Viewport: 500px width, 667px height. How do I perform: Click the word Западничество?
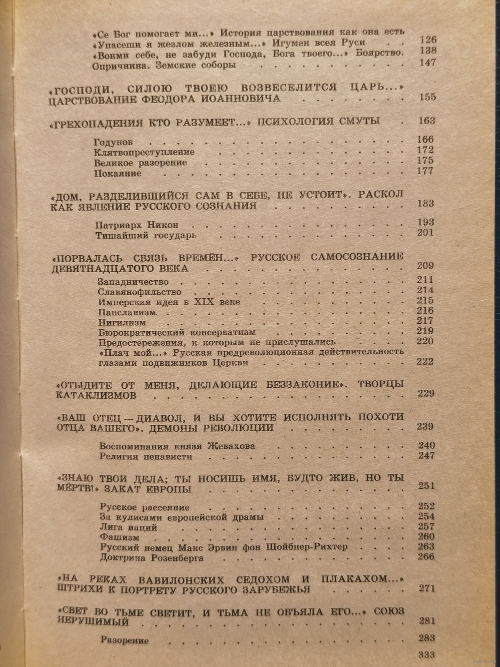[x=133, y=281]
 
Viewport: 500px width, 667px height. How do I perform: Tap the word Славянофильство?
[x=140, y=292]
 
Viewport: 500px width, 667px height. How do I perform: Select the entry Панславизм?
[x=127, y=312]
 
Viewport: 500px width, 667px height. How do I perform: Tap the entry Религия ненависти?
[x=145, y=456]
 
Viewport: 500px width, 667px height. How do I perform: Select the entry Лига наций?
[x=128, y=527]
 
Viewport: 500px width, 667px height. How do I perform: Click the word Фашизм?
[x=119, y=537]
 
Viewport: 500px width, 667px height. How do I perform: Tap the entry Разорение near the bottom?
[x=124, y=640]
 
